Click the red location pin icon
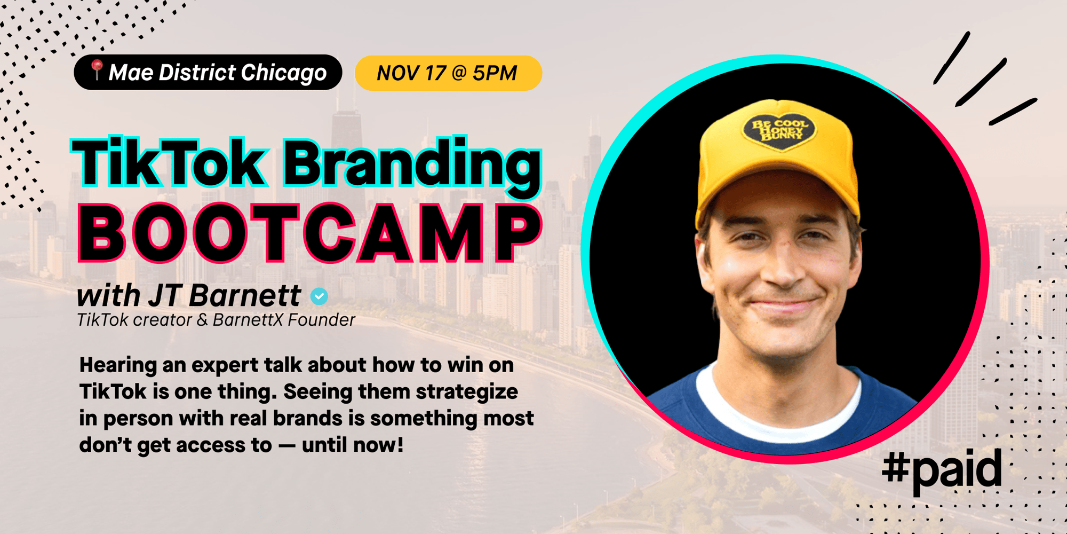97,69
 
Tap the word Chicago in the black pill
283,73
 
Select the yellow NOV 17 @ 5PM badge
448,73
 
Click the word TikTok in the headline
169,162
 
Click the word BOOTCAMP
310,233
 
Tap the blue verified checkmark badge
320,296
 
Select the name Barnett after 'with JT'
245,295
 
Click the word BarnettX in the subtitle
248,320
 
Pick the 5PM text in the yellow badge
495,73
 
